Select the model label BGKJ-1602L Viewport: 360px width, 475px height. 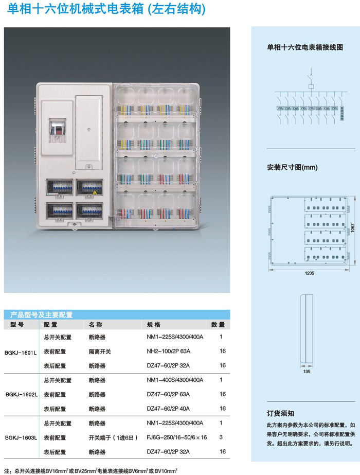pyautogui.click(x=21, y=394)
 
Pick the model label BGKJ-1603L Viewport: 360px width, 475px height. pyautogui.click(x=21, y=437)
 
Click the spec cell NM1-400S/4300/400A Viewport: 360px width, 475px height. pyautogui.click(x=175, y=380)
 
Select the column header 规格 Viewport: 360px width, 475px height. pyautogui.click(x=154, y=325)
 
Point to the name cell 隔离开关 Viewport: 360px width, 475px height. pyautogui.click(x=100, y=351)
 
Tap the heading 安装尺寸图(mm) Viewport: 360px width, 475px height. pyautogui.click(x=292, y=167)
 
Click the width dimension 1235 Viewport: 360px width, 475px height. pyautogui.click(x=309, y=273)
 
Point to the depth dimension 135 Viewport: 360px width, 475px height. pyautogui.click(x=307, y=371)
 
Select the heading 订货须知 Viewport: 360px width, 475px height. pyautogui.click(x=280, y=413)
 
